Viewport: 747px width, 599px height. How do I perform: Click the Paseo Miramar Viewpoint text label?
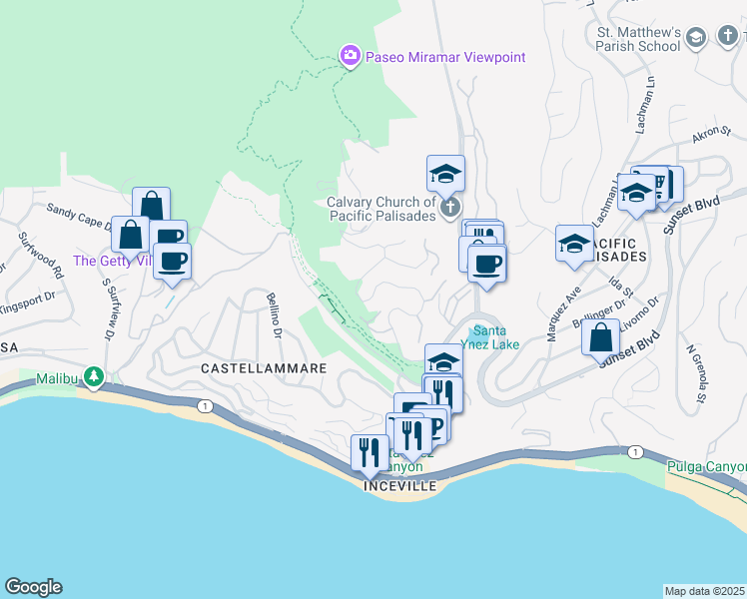tap(444, 57)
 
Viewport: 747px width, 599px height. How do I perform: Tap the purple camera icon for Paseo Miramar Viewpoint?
tap(350, 57)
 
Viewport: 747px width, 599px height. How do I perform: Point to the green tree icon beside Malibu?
tap(94, 377)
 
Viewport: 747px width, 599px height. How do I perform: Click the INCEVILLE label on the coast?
tap(399, 485)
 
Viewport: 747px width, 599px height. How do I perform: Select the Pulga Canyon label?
tap(710, 466)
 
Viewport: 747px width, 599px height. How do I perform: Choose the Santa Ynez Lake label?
tap(495, 337)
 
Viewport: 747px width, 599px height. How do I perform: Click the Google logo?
tap(33, 587)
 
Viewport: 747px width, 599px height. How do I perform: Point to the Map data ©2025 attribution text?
tap(705, 591)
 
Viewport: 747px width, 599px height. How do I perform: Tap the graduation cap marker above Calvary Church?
tap(445, 174)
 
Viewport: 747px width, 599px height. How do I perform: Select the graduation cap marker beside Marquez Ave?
tap(574, 244)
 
